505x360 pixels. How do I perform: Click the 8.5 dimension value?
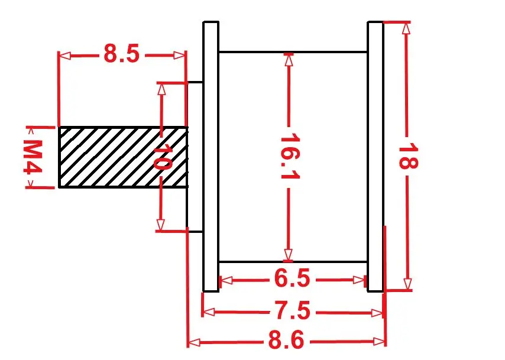[x=122, y=53]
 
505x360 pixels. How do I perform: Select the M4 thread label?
[x=33, y=157]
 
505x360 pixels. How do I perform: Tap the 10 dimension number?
[x=162, y=157]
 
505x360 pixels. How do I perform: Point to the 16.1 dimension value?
[x=290, y=156]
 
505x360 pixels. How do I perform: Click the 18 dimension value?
[x=409, y=157]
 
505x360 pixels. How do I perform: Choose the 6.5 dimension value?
[x=292, y=278]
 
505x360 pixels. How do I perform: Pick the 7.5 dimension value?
[x=293, y=310]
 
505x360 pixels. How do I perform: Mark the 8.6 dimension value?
[x=286, y=340]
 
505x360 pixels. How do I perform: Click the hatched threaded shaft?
[x=123, y=157]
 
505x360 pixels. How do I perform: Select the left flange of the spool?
[x=211, y=157]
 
